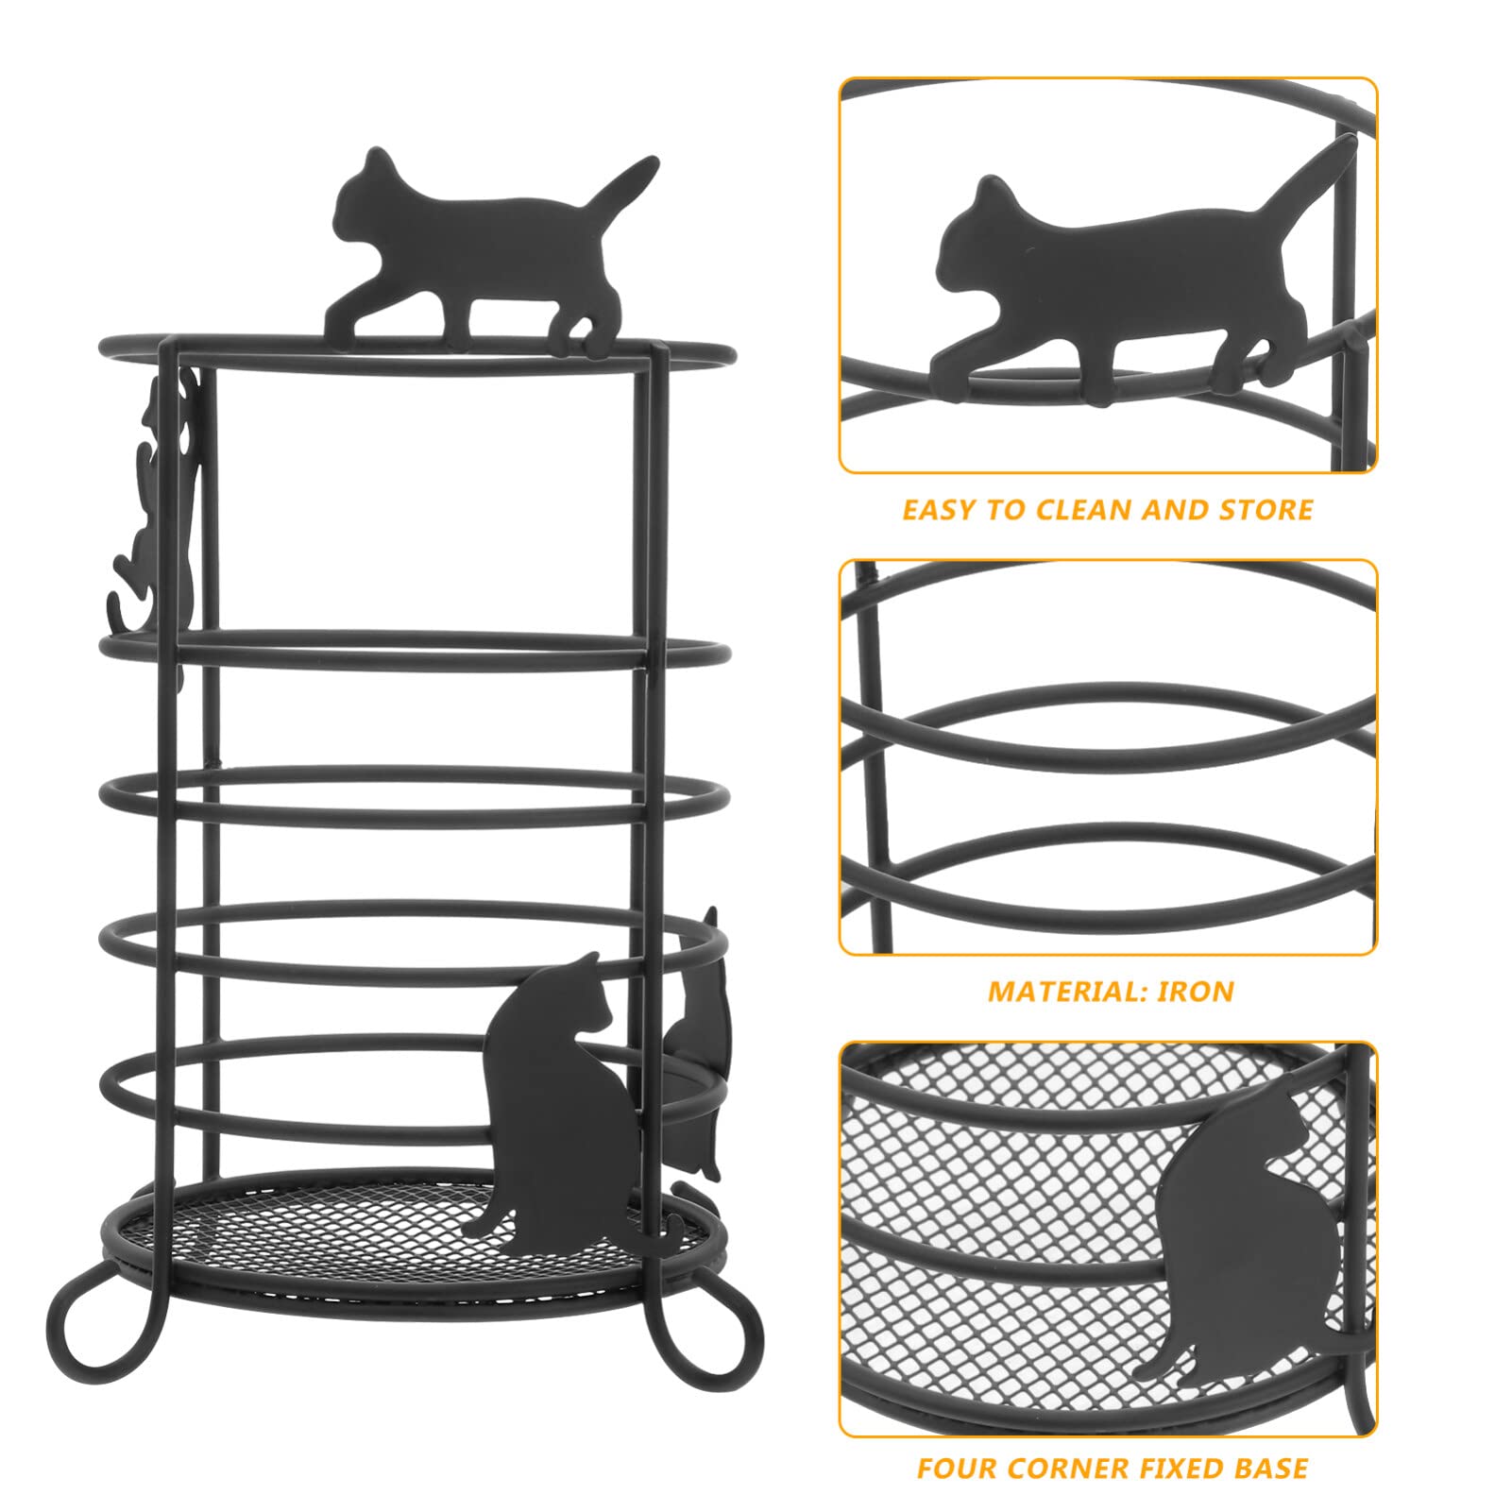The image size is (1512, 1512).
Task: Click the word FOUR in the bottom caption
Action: click(955, 1469)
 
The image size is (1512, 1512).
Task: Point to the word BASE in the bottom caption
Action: click(1270, 1469)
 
